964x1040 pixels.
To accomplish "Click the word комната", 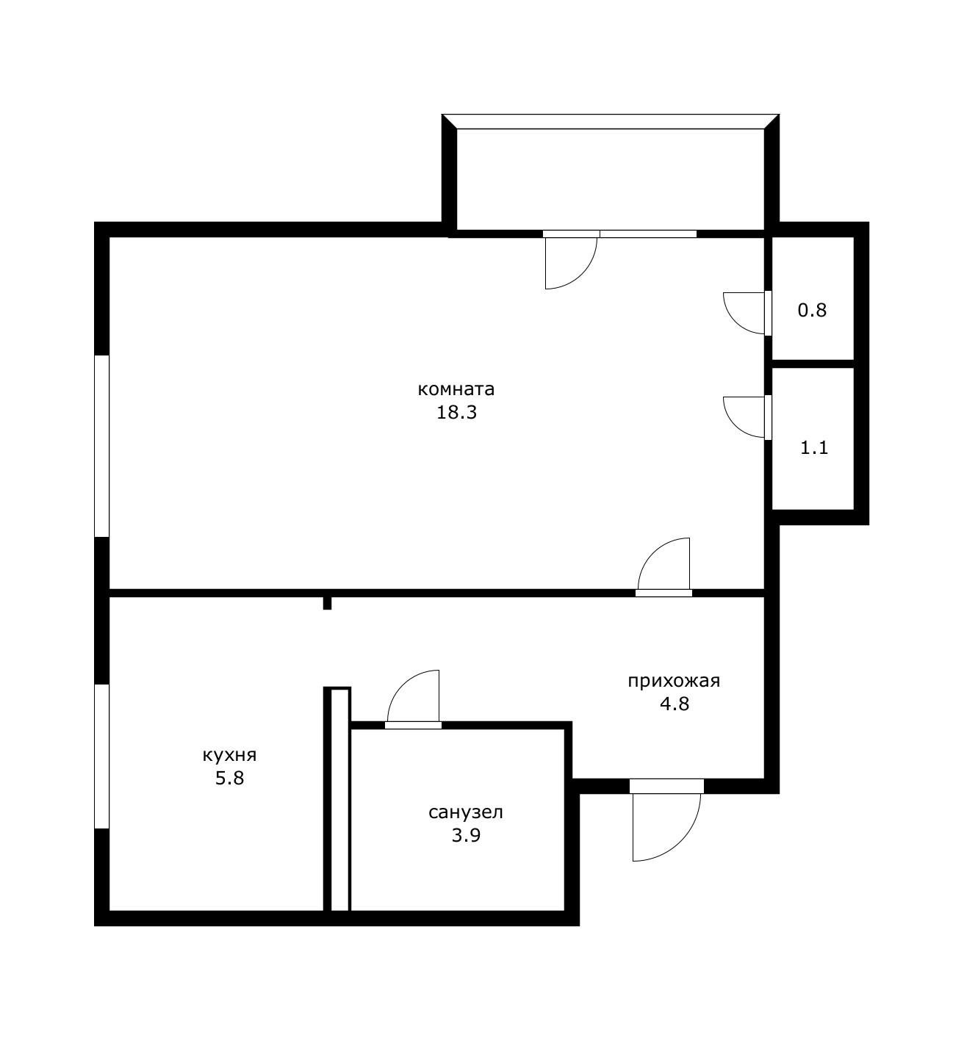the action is pyautogui.click(x=456, y=389).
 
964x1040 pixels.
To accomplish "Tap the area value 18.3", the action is pyautogui.click(x=457, y=413).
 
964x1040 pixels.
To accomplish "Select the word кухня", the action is pyautogui.click(x=229, y=756).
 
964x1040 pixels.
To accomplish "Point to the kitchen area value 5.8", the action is pyautogui.click(x=229, y=779).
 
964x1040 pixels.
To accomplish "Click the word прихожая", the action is pyautogui.click(x=675, y=682).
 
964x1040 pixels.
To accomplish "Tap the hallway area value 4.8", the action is pyautogui.click(x=675, y=704).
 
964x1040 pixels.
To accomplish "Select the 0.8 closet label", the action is pyautogui.click(x=812, y=311).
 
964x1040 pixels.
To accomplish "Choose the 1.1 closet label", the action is pyautogui.click(x=814, y=448).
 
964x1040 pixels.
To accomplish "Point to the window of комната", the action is pyautogui.click(x=101, y=446).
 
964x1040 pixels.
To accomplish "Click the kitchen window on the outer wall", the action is pyautogui.click(x=101, y=756).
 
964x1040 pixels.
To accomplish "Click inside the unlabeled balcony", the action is pyautogui.click(x=611, y=179).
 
